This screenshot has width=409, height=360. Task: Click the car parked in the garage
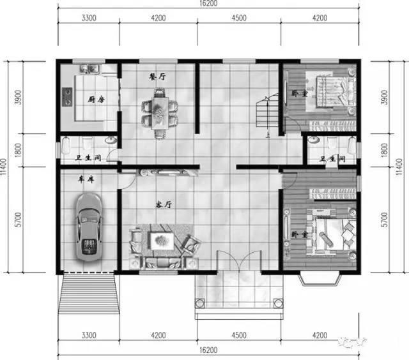tap(89, 227)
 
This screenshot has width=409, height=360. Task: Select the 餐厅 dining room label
tap(157, 76)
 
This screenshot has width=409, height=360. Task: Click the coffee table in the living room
tap(160, 241)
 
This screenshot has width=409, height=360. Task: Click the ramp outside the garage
tap(89, 296)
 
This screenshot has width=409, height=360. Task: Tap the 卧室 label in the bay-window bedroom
tap(295, 236)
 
